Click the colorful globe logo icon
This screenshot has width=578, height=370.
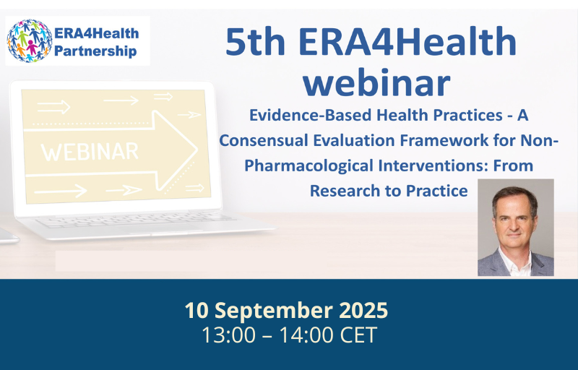click(30, 40)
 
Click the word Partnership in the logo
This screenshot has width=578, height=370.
click(95, 51)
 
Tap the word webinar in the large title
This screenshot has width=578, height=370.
click(376, 82)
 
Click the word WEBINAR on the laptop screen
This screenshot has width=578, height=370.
click(90, 152)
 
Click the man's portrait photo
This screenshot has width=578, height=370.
click(516, 228)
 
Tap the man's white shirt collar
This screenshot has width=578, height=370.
click(515, 262)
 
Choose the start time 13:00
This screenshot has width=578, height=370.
click(228, 335)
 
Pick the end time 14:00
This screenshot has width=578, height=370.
click(306, 335)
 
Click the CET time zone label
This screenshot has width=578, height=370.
click(358, 335)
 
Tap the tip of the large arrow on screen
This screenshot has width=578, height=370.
click(197, 150)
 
